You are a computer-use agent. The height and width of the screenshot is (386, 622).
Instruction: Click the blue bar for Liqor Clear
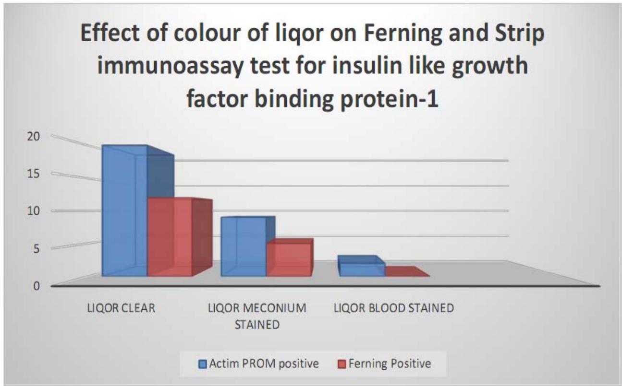124,211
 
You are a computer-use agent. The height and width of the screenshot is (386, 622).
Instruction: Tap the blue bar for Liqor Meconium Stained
243,246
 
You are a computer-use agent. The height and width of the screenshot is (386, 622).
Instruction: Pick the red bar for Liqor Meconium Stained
289,259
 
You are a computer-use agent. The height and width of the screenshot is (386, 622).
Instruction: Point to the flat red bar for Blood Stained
406,272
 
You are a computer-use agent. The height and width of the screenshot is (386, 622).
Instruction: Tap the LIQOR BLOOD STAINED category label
393,308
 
